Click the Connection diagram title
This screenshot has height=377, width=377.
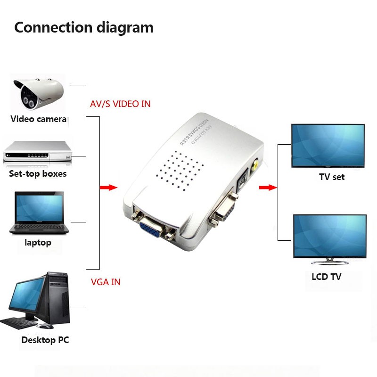(84, 27)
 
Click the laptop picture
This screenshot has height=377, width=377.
(39, 213)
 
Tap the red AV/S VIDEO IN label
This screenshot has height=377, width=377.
(120, 104)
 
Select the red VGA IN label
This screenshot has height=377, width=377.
(105, 282)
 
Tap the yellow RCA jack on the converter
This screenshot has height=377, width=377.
(254, 164)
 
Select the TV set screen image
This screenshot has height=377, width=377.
(328, 145)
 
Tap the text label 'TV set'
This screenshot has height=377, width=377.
(332, 177)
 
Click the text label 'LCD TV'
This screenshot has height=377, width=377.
(326, 277)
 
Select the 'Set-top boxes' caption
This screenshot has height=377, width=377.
(38, 174)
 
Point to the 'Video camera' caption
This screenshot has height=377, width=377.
(38, 119)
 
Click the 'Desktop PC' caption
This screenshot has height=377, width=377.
(45, 340)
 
